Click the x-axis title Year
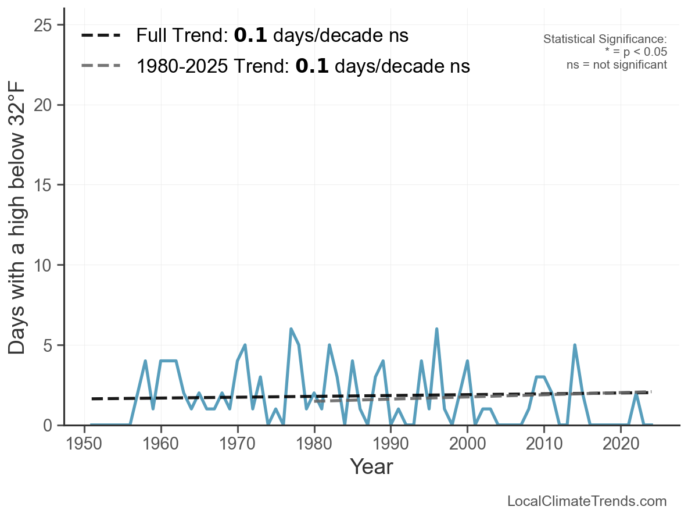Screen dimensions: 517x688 point(371,467)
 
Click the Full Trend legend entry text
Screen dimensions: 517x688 point(272,36)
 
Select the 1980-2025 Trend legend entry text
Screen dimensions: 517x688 point(303,66)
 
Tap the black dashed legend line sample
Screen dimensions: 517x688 point(101,36)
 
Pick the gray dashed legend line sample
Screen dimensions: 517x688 point(101,66)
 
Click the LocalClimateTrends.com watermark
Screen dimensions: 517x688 point(587,501)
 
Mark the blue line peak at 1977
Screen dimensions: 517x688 point(291,329)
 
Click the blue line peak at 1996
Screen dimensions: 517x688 point(436,329)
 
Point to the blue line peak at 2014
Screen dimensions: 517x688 point(574,345)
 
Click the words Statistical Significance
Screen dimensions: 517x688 point(604,40)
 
